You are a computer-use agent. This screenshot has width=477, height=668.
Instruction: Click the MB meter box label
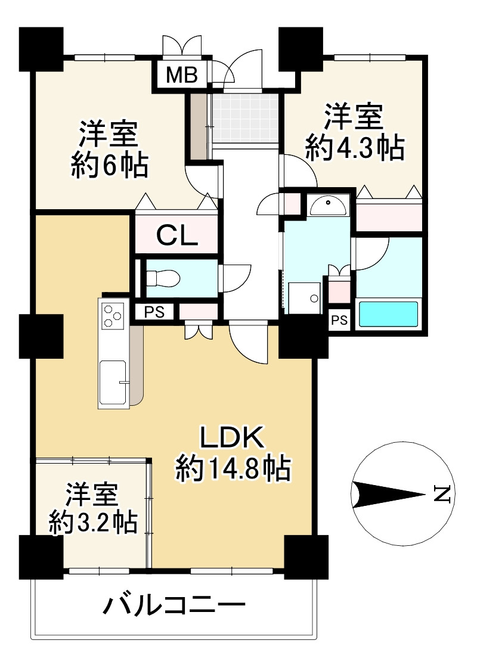pos(182,75)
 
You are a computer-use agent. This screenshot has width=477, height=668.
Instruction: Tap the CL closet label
pos(177,235)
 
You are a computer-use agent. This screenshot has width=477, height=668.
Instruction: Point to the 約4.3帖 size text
pos(354,148)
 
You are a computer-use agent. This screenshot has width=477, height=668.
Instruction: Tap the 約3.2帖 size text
pos(93,522)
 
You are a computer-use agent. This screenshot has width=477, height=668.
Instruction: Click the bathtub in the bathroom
pos(388,315)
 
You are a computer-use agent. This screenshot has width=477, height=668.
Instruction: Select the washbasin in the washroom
pos(327,206)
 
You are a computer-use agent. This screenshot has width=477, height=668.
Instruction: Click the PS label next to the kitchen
pos(154,312)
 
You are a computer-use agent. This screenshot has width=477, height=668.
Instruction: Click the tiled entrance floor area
pos(246,119)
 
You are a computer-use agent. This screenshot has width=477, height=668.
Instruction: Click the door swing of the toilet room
pos(234,279)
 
